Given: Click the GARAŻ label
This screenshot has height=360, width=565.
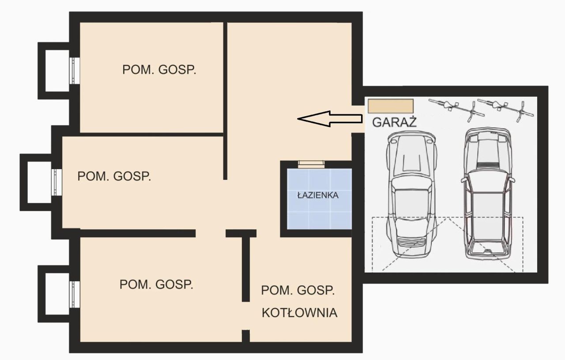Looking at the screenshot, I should [x=394, y=122].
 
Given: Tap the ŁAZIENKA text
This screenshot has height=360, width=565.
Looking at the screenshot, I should [x=317, y=195].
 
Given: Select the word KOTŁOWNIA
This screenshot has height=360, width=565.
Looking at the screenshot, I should [x=299, y=313].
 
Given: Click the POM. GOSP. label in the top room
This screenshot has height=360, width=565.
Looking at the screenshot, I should [x=159, y=70].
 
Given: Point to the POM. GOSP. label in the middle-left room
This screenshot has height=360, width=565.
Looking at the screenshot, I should [x=114, y=176].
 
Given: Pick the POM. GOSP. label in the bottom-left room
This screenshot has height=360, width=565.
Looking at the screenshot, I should [x=156, y=284].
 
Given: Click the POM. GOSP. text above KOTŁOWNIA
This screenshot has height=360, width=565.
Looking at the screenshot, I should [x=298, y=291].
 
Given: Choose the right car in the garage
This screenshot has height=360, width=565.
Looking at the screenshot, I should [x=487, y=194].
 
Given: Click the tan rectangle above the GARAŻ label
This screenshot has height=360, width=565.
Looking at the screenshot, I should [x=391, y=106].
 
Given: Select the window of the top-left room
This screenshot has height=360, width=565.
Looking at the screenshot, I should [x=75, y=71].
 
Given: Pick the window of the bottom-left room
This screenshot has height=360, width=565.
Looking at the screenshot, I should [x=75, y=294].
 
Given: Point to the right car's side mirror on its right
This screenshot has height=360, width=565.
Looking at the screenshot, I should [x=512, y=180].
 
